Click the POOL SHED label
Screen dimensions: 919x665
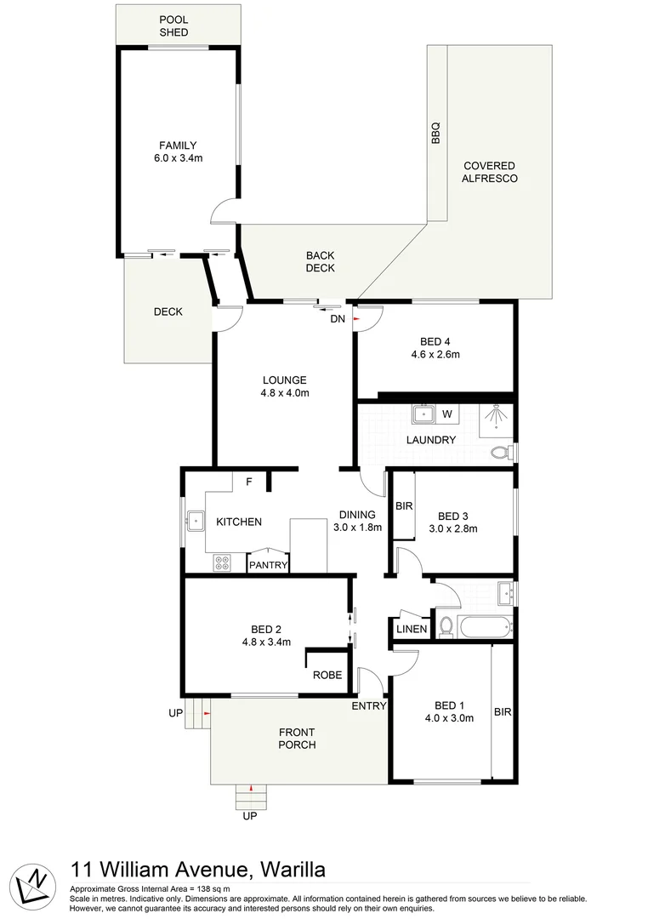pos(173,26)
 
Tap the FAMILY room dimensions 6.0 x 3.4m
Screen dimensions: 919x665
pos(178,158)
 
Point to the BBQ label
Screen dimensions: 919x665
pos(436,134)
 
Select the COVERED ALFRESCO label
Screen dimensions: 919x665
pos(490,172)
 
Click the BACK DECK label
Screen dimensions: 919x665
pos(321,261)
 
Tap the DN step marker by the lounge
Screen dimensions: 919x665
pos(338,319)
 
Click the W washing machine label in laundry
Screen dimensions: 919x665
pos(446,414)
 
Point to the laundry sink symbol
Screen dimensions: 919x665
pos(423,414)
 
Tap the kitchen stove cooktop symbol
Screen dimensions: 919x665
pos(223,562)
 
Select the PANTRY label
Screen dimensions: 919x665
pos(269,565)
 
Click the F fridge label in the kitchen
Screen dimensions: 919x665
pos(249,482)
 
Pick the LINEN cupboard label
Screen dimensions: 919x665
pos(412,629)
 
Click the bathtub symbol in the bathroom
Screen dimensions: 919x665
pos(486,628)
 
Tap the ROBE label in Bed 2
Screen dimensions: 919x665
pos(327,675)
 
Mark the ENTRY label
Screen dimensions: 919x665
pos(369,705)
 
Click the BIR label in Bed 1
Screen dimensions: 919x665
pos(503,712)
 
